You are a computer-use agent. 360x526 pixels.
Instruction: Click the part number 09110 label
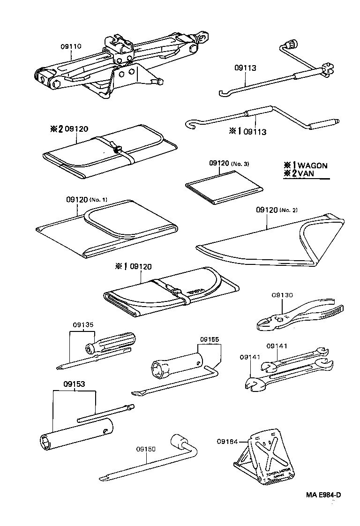71,46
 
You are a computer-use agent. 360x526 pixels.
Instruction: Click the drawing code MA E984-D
323,495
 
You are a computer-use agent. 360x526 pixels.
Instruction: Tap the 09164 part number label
227,441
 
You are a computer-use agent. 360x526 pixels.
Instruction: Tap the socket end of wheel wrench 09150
179,441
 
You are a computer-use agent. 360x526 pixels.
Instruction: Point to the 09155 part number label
209,340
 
